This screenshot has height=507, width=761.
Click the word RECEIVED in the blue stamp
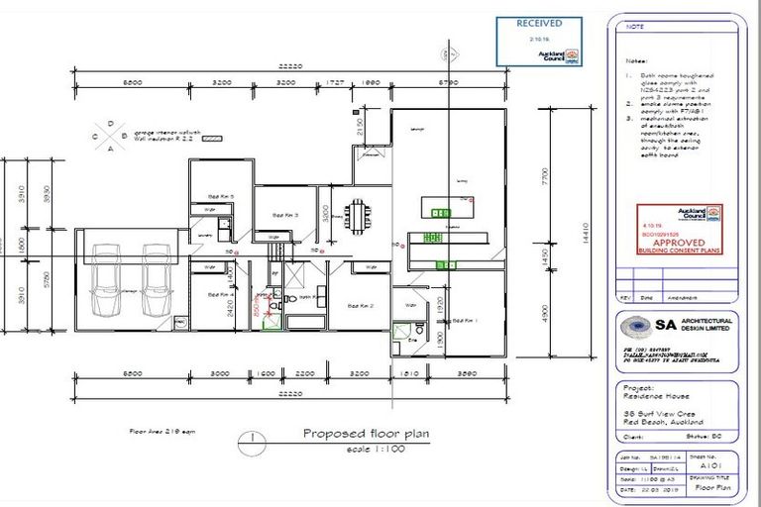click(x=539, y=23)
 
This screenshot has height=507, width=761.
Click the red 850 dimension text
click(x=255, y=310)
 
